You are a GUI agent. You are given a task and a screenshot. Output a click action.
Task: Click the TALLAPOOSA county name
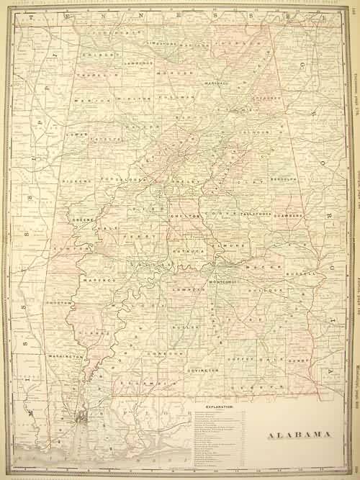258,214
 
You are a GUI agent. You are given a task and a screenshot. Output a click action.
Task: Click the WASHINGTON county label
66,356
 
